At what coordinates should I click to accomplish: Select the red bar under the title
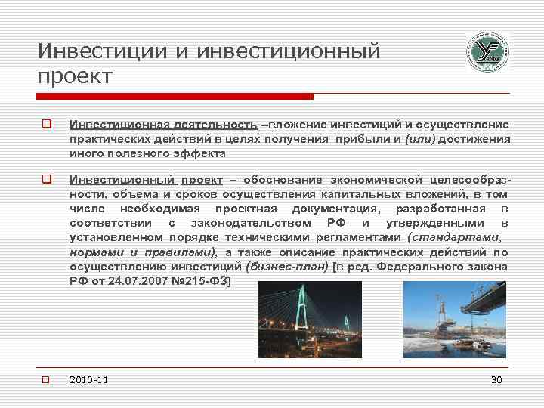175,97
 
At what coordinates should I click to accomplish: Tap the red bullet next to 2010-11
46,379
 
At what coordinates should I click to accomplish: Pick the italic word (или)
419,139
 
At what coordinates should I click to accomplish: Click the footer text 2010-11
88,379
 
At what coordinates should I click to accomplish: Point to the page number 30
496,379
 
